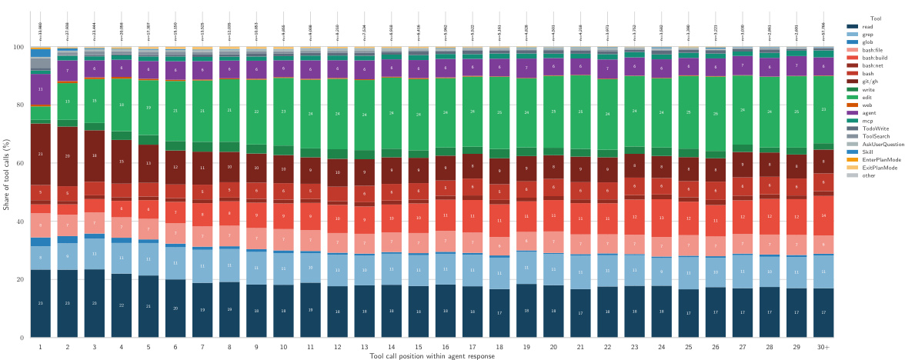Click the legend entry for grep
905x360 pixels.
pos(871,35)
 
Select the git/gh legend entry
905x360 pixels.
pos(873,81)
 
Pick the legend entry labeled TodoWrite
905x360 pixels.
pos(877,128)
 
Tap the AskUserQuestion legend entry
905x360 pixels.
pos(883,144)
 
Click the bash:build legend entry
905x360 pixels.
pos(877,58)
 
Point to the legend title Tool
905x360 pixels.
pos(875,18)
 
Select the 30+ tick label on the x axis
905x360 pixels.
pos(823,347)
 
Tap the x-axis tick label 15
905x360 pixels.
pos(419,347)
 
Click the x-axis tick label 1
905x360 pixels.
pos(40,347)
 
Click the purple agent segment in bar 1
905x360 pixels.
pos(40,89)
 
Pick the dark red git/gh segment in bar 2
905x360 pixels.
pos(68,156)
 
